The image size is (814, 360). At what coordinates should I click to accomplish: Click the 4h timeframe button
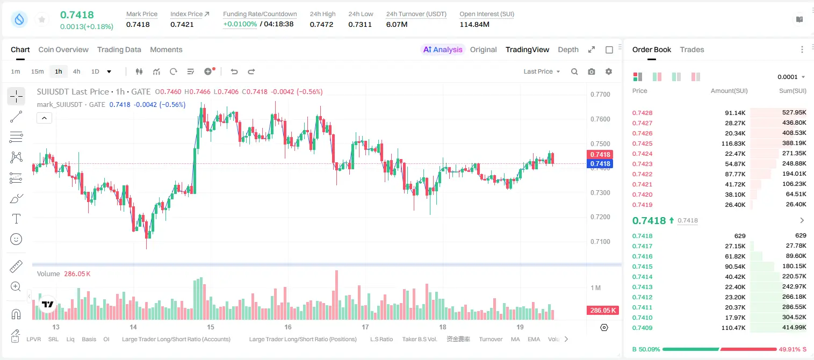pyautogui.click(x=76, y=71)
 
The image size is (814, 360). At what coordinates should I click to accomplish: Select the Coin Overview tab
pyautogui.click(x=63, y=50)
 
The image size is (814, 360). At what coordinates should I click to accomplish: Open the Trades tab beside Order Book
pyautogui.click(x=691, y=50)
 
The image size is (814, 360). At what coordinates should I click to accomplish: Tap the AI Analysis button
pyautogui.click(x=443, y=50)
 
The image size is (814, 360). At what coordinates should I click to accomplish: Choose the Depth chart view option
pyautogui.click(x=568, y=50)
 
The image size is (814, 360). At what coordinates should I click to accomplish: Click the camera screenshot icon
pyautogui.click(x=591, y=71)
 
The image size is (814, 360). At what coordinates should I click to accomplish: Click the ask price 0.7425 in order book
pyautogui.click(x=642, y=143)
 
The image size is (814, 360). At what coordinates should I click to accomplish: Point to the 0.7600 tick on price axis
pyautogui.click(x=600, y=119)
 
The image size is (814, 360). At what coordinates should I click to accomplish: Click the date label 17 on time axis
pyautogui.click(x=365, y=327)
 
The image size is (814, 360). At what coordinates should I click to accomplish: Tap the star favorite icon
pyautogui.click(x=42, y=19)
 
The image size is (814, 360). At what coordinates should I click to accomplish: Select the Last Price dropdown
pyautogui.click(x=542, y=71)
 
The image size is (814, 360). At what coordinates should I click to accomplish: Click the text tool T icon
pyautogui.click(x=16, y=219)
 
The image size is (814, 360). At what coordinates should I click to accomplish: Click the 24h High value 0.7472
pyautogui.click(x=321, y=24)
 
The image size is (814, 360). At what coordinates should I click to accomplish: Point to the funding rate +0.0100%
pyautogui.click(x=240, y=24)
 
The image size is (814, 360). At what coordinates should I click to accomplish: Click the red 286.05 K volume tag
pyautogui.click(x=602, y=310)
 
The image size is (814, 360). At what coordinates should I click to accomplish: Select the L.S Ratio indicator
pyautogui.click(x=381, y=339)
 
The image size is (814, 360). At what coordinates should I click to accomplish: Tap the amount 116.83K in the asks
pyautogui.click(x=733, y=143)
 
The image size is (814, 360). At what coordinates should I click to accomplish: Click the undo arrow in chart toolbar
pyautogui.click(x=234, y=71)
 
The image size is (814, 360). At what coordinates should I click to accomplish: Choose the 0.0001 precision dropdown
pyautogui.click(x=791, y=77)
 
